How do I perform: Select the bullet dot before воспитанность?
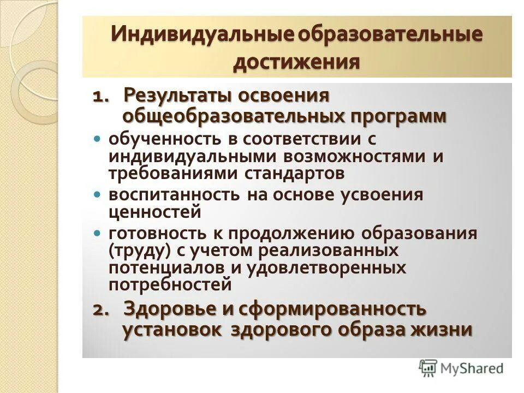coord(98,194)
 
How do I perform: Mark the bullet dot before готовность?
coord(98,233)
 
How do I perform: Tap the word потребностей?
coord(170,284)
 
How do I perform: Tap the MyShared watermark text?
coord(472,368)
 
